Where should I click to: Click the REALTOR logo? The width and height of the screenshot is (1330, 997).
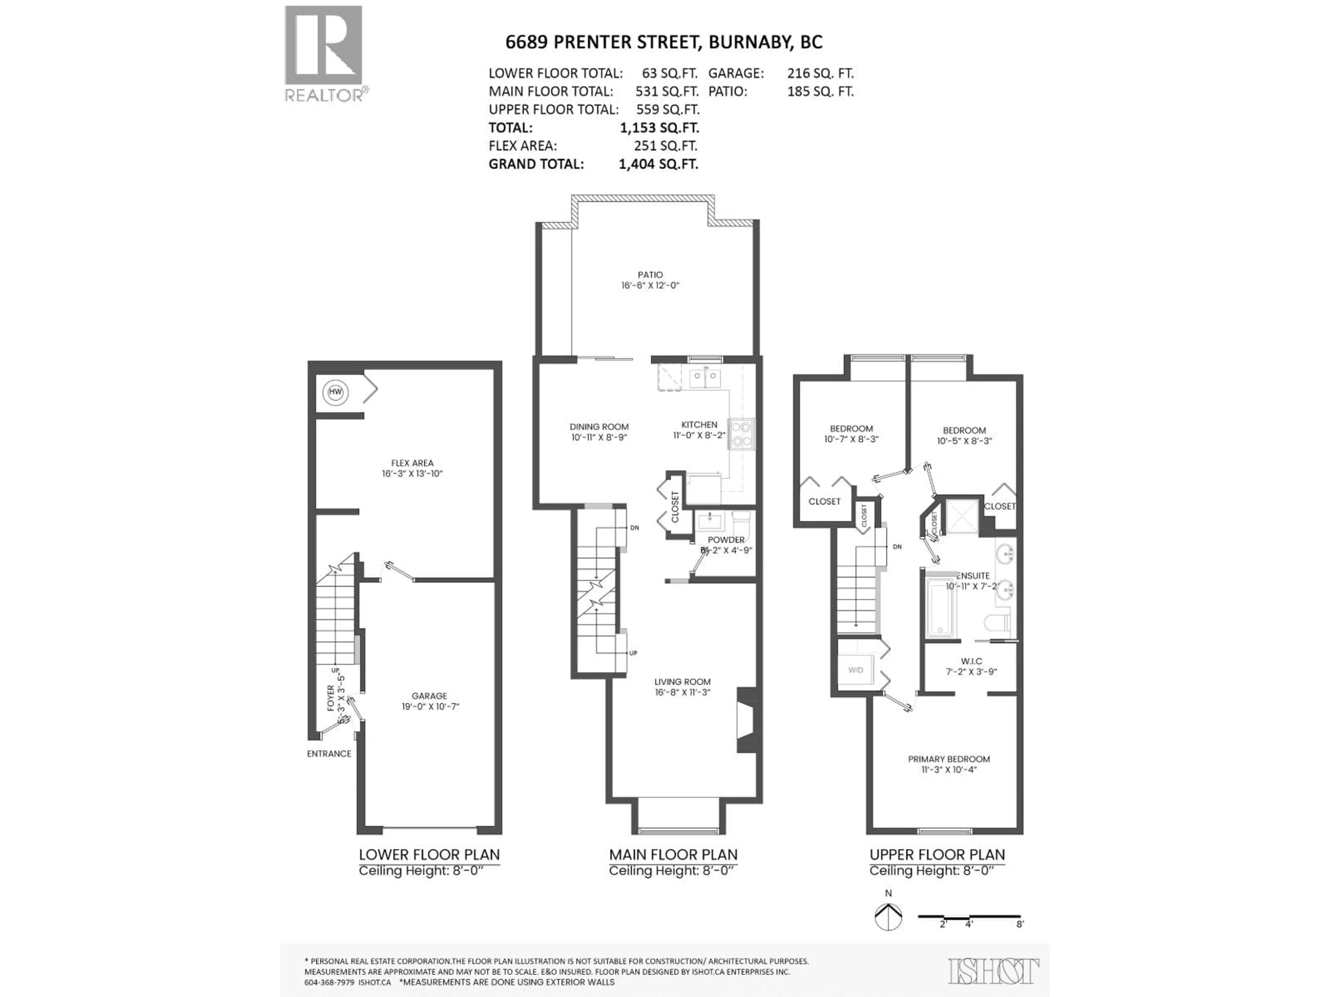click(323, 54)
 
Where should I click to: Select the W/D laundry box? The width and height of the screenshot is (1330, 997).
click(855, 670)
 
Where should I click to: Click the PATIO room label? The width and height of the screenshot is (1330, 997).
click(650, 275)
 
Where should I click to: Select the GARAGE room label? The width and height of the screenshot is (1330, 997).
click(429, 696)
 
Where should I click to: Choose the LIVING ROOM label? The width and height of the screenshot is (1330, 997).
click(682, 682)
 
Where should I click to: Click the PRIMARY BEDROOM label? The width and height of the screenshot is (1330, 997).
click(949, 759)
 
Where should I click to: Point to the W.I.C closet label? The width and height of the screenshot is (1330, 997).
click(971, 661)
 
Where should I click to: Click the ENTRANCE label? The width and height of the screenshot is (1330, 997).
click(329, 754)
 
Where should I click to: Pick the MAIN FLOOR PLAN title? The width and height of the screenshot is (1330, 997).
click(673, 855)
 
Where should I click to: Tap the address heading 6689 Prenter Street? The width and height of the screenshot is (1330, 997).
click(663, 42)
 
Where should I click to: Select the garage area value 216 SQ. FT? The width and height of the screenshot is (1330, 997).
click(820, 73)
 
